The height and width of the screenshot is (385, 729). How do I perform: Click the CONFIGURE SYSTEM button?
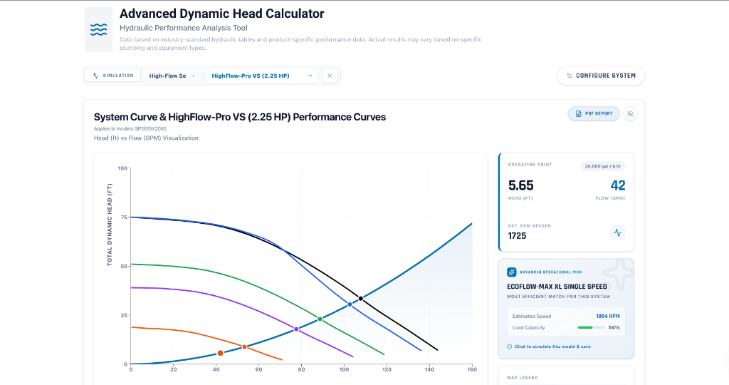[x=601, y=76]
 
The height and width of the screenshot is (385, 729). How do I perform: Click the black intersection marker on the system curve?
[x=361, y=298]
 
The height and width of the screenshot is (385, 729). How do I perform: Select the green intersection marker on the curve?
[x=320, y=319]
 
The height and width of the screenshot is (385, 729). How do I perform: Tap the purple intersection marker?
[x=297, y=329]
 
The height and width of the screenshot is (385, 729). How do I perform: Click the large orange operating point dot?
[x=220, y=353]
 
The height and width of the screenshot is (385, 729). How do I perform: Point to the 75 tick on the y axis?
[x=123, y=217]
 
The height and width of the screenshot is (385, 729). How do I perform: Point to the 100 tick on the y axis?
[x=123, y=168]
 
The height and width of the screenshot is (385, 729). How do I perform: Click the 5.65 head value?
[x=520, y=186]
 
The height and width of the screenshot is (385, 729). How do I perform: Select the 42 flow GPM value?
[x=617, y=186]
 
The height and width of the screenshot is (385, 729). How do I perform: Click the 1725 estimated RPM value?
[x=518, y=235]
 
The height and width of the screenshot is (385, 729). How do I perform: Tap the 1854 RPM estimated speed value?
[x=607, y=316]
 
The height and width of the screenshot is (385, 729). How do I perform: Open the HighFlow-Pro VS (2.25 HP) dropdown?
[x=261, y=76]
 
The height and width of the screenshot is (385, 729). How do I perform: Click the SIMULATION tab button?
[x=112, y=76]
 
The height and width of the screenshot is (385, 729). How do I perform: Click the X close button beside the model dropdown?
[x=330, y=76]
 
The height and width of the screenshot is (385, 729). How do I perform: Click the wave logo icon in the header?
[x=98, y=29]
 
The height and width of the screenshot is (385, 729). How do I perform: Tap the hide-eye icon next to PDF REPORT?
[x=630, y=113]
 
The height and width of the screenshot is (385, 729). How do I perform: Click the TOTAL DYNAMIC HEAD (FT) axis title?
[x=110, y=225]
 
